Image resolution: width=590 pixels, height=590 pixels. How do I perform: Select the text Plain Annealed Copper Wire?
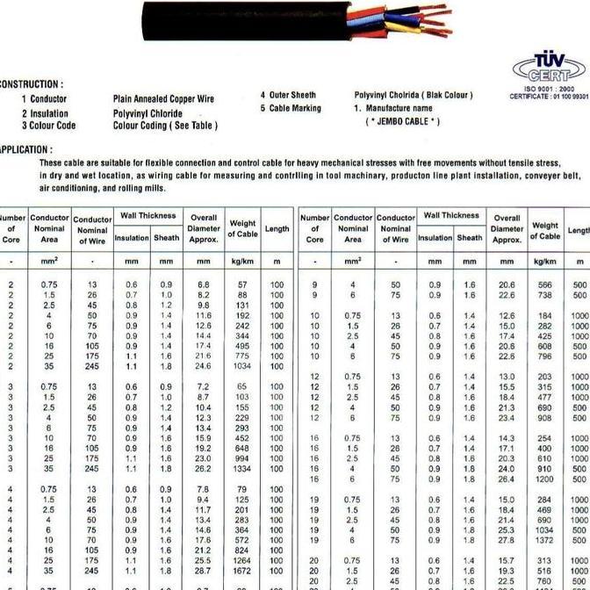pyautogui.click(x=163, y=100)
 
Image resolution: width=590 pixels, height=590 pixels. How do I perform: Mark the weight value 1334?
pyautogui.click(x=242, y=469)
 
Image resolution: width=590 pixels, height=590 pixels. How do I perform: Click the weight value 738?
pyautogui.click(x=544, y=296)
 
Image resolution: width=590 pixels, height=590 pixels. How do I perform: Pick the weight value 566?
pyautogui.click(x=544, y=284)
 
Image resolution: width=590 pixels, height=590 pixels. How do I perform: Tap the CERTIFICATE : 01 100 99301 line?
pyautogui.click(x=549, y=97)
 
